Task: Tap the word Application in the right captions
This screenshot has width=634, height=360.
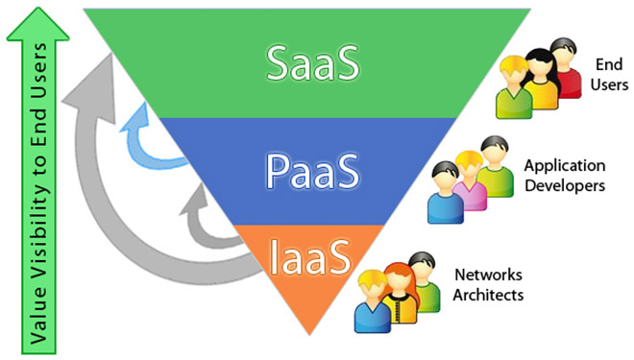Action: coord(564,165)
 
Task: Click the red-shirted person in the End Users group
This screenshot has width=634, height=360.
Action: coord(568,74)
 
